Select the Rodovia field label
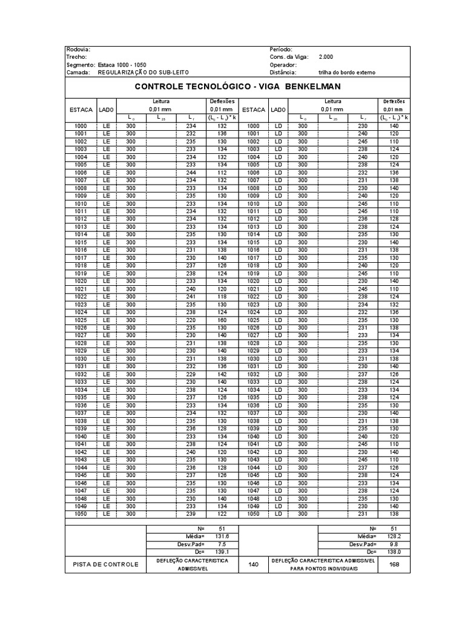[x=79, y=49]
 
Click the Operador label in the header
[x=283, y=64]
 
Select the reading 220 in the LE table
[x=191, y=320]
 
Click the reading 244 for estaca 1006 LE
[x=191, y=173]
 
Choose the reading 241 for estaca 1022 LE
[x=191, y=297]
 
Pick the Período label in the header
[x=281, y=49]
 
